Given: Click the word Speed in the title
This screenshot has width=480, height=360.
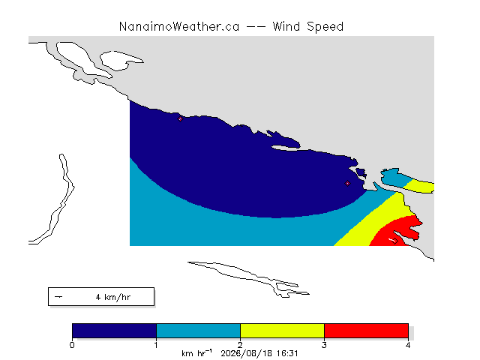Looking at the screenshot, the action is (x=325, y=27).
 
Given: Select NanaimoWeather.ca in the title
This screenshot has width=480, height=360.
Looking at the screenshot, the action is (x=179, y=27).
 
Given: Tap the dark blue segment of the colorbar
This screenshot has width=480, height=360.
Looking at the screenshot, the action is (x=114, y=331).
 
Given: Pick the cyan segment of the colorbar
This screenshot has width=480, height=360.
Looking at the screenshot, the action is (x=198, y=331).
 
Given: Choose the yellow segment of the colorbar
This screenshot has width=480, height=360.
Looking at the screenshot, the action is (x=282, y=331).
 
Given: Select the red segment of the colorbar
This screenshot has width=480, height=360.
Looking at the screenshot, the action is (x=366, y=331).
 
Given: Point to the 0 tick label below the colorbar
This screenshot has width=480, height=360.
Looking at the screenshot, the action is (x=72, y=345).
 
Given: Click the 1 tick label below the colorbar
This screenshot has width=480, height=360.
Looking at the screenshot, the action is (x=156, y=345).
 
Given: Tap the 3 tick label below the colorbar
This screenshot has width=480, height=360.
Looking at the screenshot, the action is (x=324, y=345).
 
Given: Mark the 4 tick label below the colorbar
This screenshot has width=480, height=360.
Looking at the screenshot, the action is (x=408, y=345).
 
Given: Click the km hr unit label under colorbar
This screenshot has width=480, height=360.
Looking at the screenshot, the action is (x=196, y=353).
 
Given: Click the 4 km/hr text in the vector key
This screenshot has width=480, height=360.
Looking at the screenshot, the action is (x=113, y=297).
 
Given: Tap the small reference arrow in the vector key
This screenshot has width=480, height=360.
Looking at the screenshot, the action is (x=58, y=297).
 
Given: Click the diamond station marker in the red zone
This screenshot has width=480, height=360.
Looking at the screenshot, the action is (x=395, y=241).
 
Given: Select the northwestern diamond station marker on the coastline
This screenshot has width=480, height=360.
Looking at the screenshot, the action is (x=180, y=119).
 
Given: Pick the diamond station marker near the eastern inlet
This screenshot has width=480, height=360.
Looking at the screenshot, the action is (x=347, y=183).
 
